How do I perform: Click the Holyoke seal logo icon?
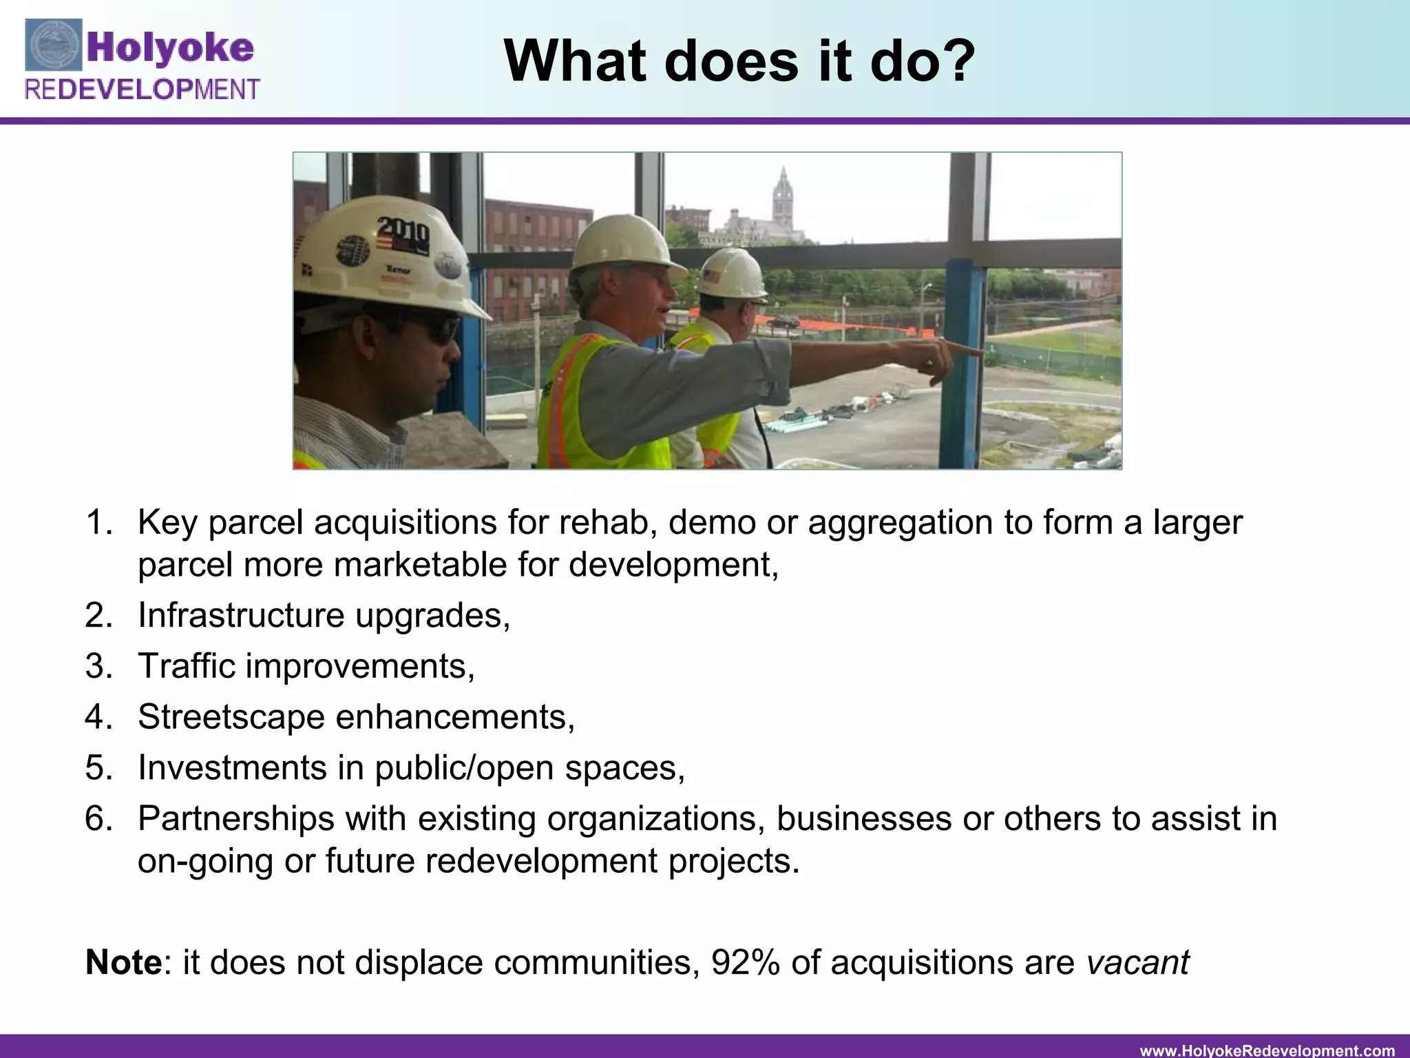click(x=54, y=45)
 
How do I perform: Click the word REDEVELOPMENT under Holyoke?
click(x=143, y=90)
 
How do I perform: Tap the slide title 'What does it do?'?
click(x=739, y=61)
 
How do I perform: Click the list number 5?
click(x=99, y=768)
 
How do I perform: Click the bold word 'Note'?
click(x=123, y=962)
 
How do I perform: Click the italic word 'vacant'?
click(x=1138, y=962)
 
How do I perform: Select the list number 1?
click(x=99, y=523)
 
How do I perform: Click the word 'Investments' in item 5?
click(x=232, y=768)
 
